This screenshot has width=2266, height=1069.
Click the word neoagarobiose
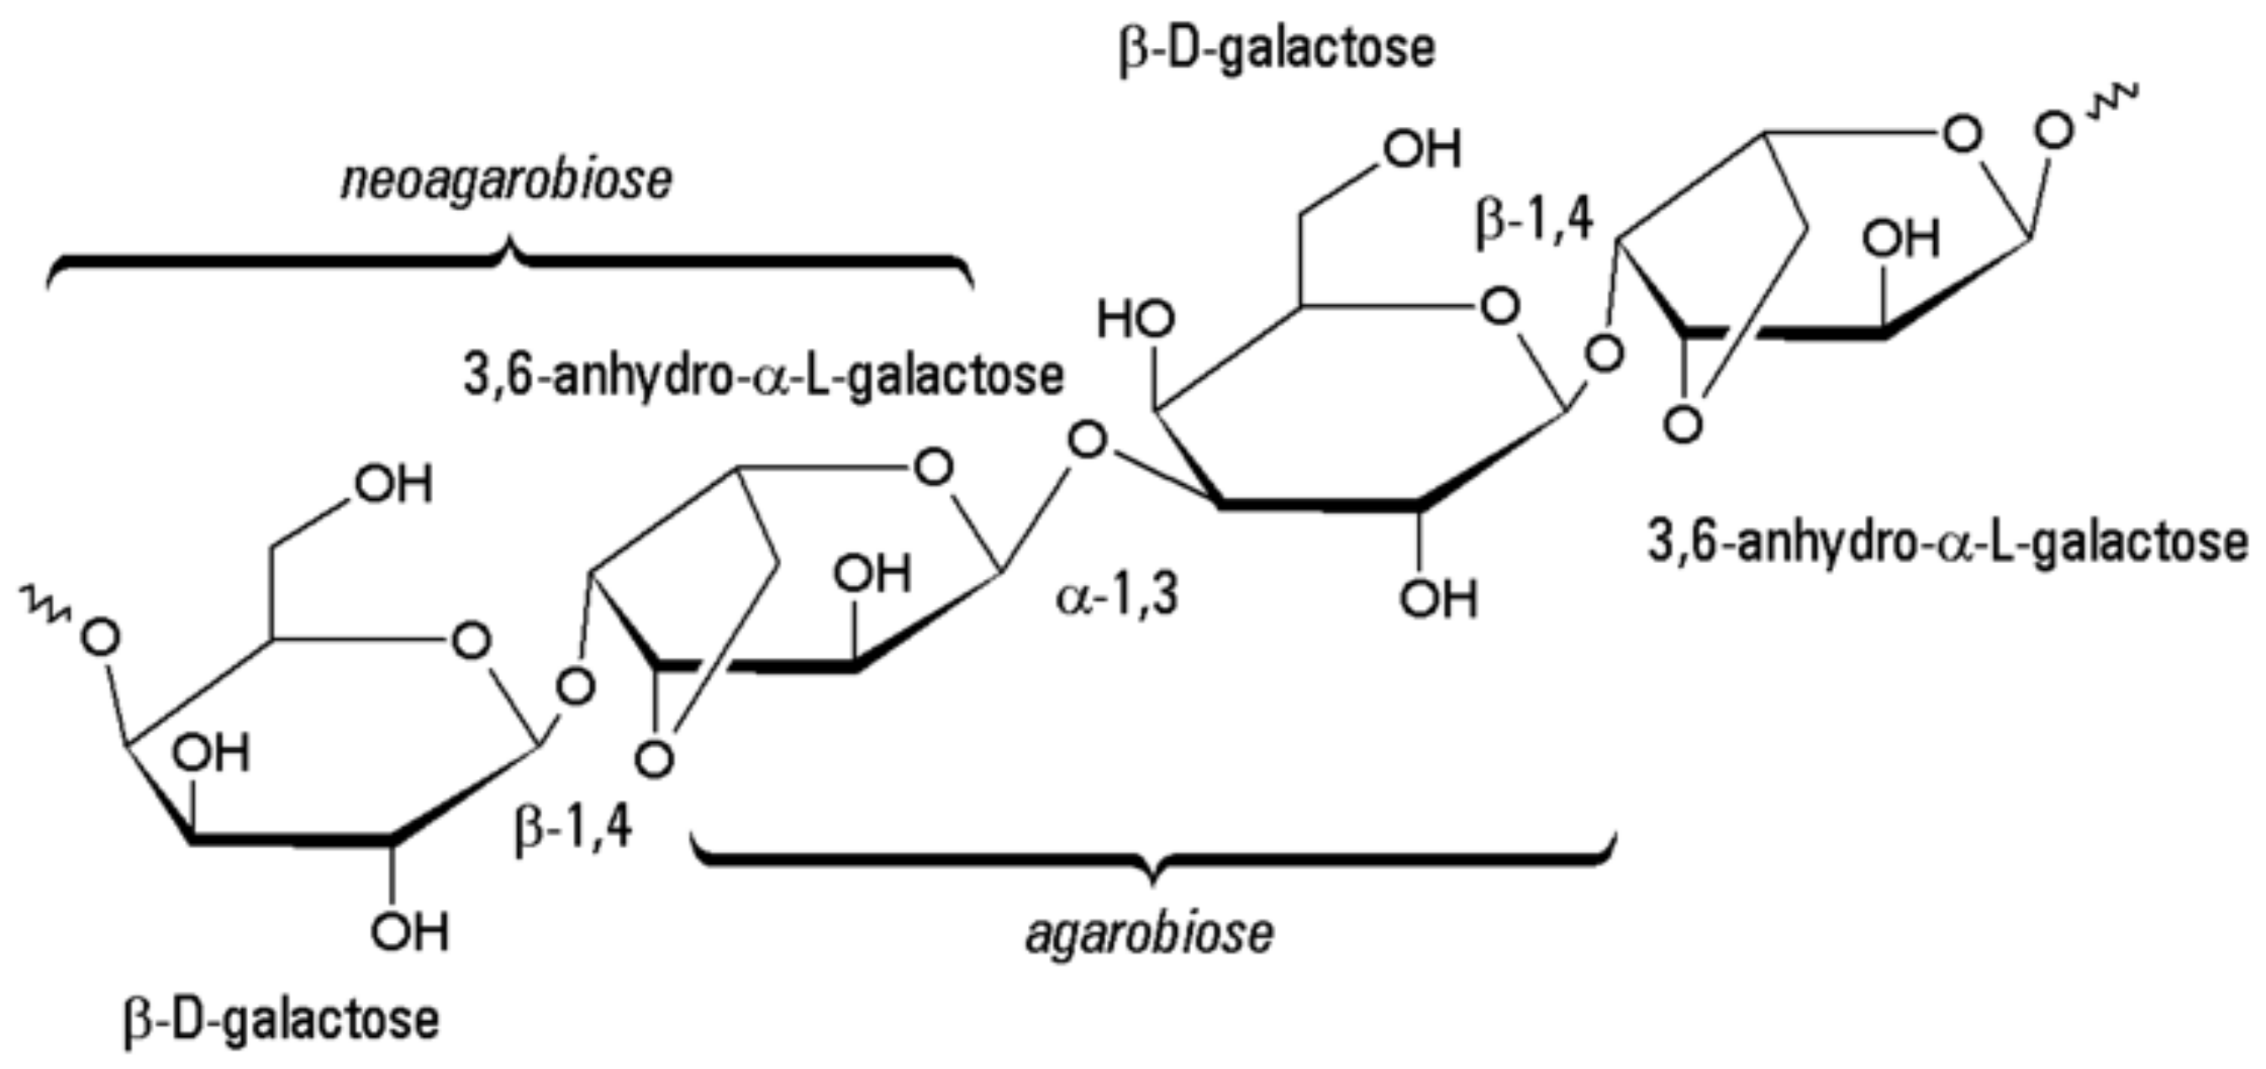pos(507,181)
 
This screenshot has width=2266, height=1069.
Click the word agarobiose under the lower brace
pos(1149,935)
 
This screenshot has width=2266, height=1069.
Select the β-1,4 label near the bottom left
pos(573,829)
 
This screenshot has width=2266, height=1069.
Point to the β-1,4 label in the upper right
pos(1534,222)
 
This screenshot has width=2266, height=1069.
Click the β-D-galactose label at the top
pos(1277,49)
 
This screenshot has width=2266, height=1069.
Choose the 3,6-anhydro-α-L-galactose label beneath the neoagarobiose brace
pos(763,377)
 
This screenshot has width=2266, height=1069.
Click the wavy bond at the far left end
pos(42,607)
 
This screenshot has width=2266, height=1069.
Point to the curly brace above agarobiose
pos(1154,858)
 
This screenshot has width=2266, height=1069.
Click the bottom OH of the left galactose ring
pos(409,933)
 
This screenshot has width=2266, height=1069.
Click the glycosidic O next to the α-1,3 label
pos(1088,440)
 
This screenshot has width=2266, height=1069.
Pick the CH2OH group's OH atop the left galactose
pos(393,485)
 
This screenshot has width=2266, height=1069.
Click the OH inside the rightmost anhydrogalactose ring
pos(1900,239)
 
